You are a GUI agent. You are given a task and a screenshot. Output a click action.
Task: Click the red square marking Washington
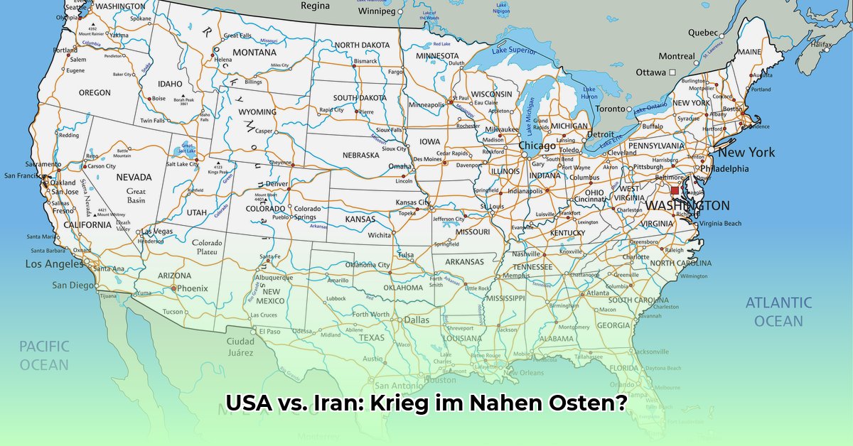click(675, 191)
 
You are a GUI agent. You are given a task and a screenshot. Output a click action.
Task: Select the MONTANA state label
click(254, 53)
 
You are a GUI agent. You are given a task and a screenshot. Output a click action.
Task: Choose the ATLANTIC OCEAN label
click(778, 312)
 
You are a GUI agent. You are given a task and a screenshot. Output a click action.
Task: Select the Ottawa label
click(650, 72)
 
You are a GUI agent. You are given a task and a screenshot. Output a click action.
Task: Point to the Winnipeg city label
click(376, 11)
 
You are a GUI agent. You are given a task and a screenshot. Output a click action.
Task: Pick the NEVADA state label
click(134, 177)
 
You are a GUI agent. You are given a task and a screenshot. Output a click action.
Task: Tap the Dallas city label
click(417, 320)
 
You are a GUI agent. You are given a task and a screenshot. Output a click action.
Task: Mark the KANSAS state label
click(360, 219)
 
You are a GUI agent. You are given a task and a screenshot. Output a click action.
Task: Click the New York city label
click(746, 153)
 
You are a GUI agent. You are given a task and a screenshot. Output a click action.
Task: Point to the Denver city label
click(277, 185)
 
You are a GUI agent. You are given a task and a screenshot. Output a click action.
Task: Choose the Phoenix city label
click(192, 288)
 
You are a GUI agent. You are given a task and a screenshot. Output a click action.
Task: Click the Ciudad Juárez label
click(240, 347)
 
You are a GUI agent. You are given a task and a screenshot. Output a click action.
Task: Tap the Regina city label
click(315, 6)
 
